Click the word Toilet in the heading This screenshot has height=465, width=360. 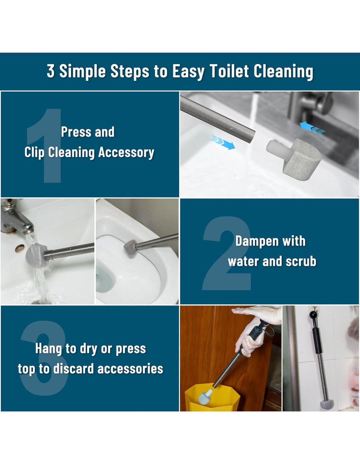(229, 71)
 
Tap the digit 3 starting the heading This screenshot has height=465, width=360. (50, 71)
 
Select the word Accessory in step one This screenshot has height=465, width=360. (126, 153)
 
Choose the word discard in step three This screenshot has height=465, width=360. (73, 369)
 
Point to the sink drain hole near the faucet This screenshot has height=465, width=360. (20, 249)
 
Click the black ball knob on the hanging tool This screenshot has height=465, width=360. (313, 315)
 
